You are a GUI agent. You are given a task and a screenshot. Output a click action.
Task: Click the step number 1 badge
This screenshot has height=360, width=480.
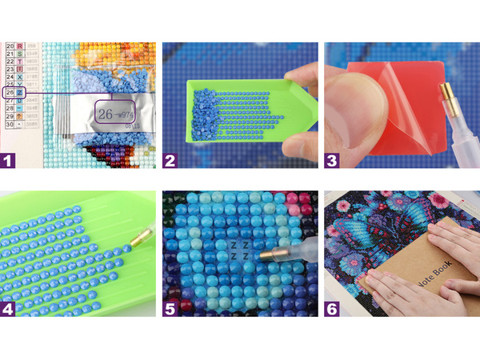pyautogui.click(x=10, y=161)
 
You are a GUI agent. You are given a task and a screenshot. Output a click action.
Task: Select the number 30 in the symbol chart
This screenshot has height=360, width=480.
pyautogui.click(x=10, y=126)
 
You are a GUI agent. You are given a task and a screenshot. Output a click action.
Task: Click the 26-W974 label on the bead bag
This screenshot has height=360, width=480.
pyautogui.click(x=113, y=114)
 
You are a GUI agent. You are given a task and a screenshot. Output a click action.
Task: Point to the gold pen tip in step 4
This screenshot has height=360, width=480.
pyautogui.click(x=143, y=237)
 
